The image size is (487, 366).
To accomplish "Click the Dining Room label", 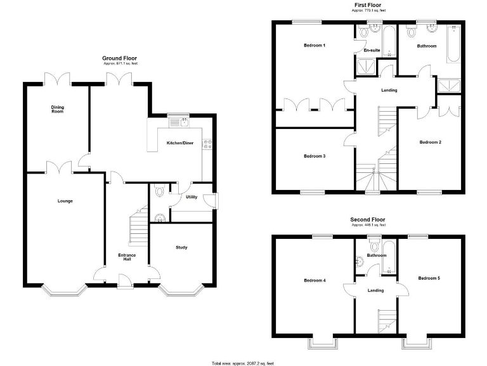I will tap(58, 109).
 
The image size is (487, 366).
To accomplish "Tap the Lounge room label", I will tap(65, 201).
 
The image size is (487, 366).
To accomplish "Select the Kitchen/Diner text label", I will tap(180, 144).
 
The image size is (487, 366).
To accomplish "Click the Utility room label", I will tap(192, 197).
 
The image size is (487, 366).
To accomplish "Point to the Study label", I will tap(181, 247).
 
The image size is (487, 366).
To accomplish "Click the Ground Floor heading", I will tap(120, 58).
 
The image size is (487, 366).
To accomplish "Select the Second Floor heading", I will tap(368, 220).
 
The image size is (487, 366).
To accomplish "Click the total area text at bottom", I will tap(243, 363).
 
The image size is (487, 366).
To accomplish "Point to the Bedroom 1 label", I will tap(315, 46).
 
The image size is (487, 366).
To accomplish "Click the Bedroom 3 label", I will tap(315, 156).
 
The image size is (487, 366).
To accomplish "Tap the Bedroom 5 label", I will tap(430, 278).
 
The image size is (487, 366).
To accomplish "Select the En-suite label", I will tap(372, 50).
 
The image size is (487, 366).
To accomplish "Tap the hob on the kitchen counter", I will tap(207, 144).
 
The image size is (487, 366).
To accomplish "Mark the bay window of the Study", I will tap(181, 292).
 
